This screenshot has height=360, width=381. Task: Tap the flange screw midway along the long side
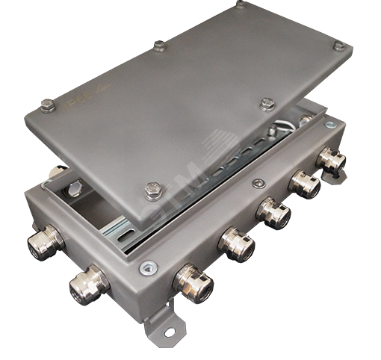click(x=258, y=183)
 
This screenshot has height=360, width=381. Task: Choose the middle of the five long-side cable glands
click(x=271, y=211)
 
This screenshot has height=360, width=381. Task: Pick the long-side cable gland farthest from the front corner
click(x=329, y=160)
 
